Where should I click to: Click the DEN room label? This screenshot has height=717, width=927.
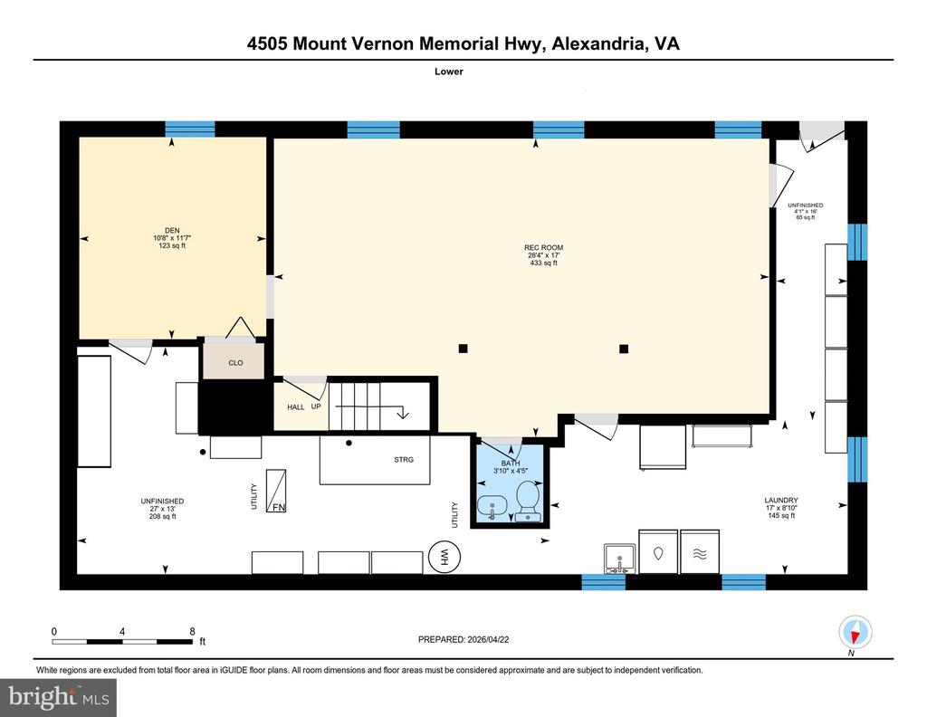(x=172, y=231)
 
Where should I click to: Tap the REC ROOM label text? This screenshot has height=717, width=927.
(x=543, y=248)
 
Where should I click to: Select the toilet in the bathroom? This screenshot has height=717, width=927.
(x=528, y=502)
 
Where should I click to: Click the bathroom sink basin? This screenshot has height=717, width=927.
(x=492, y=507)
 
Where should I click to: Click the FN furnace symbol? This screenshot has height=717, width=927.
(x=276, y=491)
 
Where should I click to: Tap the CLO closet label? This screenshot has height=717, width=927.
(x=235, y=363)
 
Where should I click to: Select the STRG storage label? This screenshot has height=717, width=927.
(x=404, y=459)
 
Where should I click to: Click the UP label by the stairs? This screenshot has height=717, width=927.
(x=316, y=406)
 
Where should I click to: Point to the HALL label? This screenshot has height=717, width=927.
(x=296, y=407)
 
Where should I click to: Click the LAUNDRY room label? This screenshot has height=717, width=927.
(x=781, y=500)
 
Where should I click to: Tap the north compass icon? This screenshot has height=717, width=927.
(x=855, y=632)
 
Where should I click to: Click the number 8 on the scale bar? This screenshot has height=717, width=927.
(x=192, y=631)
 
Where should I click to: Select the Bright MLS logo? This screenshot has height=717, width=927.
(x=58, y=697)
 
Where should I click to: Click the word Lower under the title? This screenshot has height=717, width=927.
(x=449, y=72)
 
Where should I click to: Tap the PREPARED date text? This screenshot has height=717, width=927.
(x=463, y=639)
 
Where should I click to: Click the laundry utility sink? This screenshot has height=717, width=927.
(x=619, y=559)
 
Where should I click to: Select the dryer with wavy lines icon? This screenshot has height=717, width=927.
(x=700, y=551)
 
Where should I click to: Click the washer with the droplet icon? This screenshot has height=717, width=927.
(x=658, y=551)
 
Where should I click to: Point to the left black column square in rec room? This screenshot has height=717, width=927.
(x=463, y=349)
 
